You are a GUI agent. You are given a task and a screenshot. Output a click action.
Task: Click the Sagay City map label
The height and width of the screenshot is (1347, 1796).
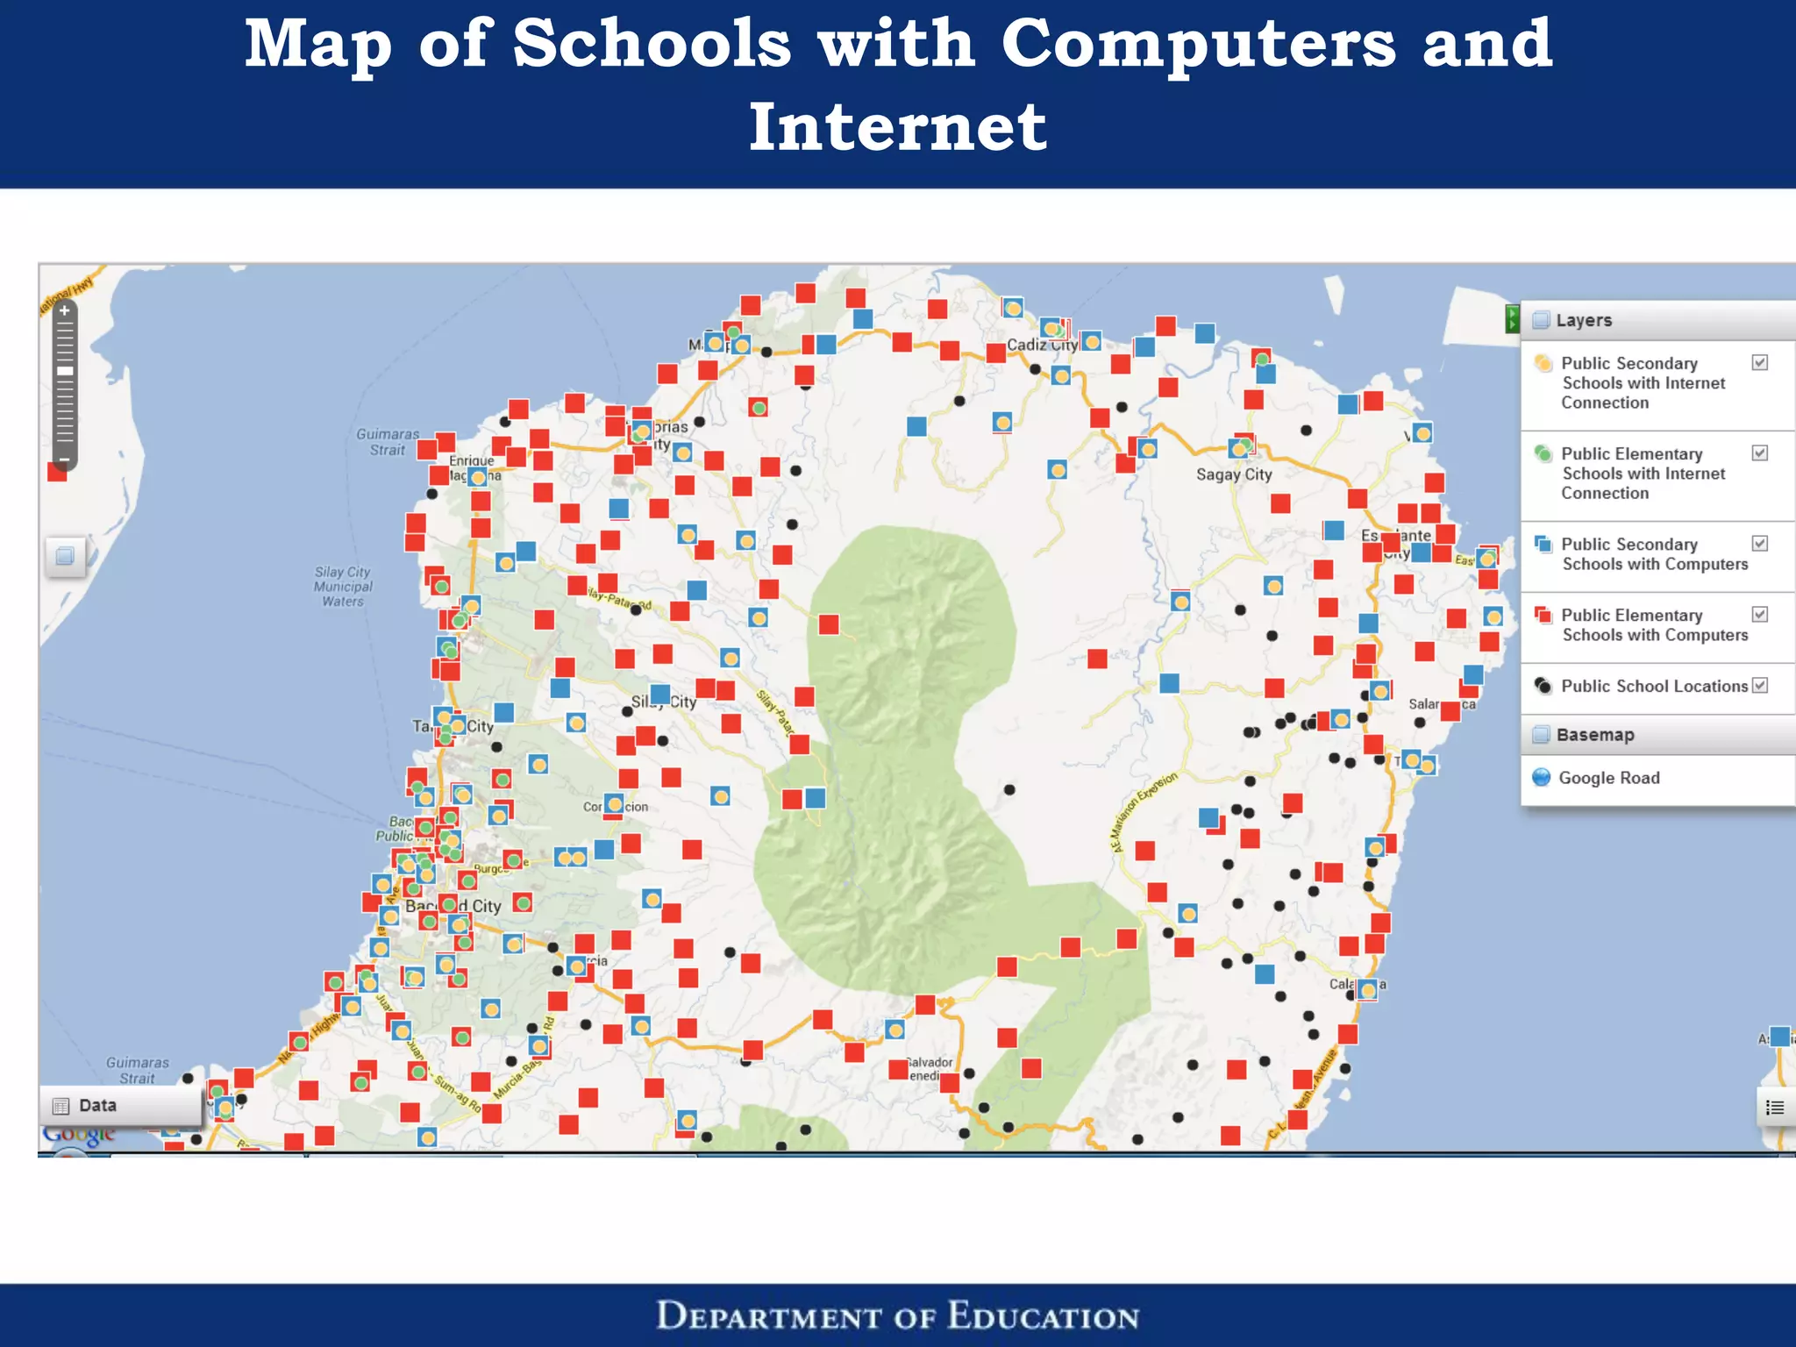click(1234, 474)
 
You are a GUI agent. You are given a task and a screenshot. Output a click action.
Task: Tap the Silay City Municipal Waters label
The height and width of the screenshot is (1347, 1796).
click(343, 587)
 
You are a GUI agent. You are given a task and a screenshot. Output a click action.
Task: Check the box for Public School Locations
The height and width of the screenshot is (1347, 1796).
click(1760, 686)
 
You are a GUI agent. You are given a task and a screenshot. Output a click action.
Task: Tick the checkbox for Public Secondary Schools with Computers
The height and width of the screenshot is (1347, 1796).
click(1760, 544)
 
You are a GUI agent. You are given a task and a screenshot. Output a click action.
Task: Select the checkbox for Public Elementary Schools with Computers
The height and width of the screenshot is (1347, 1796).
click(1760, 615)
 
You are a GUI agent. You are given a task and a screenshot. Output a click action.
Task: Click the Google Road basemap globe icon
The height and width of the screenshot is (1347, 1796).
click(1541, 778)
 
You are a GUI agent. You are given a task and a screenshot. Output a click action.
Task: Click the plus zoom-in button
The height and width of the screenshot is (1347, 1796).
click(64, 310)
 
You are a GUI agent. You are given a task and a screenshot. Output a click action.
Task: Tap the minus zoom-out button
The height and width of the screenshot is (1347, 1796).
click(64, 459)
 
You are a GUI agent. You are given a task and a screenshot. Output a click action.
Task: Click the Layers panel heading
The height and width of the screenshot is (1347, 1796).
click(1584, 320)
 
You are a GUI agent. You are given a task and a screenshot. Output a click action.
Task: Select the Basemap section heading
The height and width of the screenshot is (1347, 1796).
click(1594, 735)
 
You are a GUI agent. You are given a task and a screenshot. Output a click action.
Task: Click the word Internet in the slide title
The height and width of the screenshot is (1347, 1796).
click(897, 127)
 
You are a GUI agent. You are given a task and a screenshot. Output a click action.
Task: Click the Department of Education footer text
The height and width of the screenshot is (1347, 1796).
click(897, 1316)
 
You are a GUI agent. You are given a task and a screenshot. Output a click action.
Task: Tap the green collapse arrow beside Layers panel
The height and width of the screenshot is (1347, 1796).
click(1511, 319)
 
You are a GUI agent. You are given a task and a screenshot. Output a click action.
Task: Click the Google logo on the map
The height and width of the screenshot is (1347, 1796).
click(79, 1135)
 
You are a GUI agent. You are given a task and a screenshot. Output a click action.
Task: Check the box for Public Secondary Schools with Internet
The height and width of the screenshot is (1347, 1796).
click(1760, 363)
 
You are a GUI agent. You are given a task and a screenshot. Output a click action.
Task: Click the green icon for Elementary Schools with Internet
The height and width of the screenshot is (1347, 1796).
click(1543, 454)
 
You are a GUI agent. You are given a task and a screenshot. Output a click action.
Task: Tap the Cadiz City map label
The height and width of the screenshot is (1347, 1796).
click(1041, 345)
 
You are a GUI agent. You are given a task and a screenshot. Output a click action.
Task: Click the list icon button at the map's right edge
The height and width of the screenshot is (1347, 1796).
click(1775, 1108)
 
